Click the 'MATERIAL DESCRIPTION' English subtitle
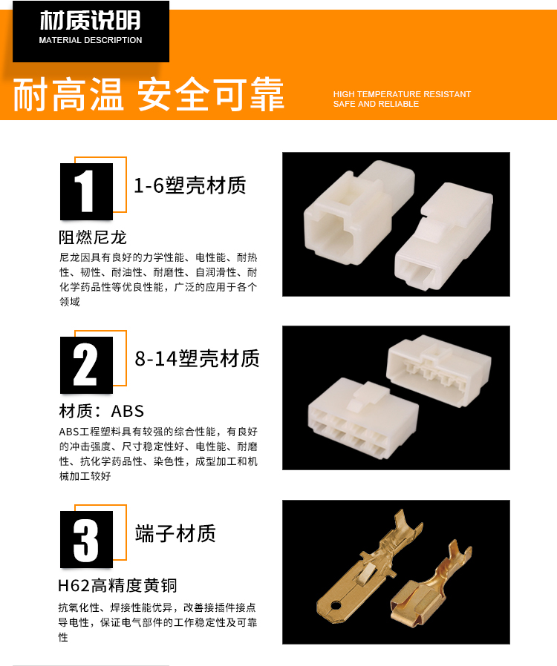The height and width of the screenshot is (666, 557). [90, 40]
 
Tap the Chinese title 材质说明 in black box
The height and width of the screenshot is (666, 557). [90, 20]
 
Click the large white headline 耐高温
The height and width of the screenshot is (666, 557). [68, 94]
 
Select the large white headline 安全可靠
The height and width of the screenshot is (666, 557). [210, 94]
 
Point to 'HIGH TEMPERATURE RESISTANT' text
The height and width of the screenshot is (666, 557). [402, 94]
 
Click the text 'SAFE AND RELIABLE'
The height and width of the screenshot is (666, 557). [376, 104]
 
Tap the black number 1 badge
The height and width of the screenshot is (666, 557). [86, 191]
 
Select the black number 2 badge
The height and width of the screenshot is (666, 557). [86, 366]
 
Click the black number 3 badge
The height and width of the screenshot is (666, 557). [86, 539]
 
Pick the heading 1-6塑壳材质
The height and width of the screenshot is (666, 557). [189, 185]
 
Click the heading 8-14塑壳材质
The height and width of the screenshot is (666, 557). [197, 359]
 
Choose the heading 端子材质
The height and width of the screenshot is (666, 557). [175, 533]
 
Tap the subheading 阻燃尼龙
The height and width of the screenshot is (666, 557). [93, 237]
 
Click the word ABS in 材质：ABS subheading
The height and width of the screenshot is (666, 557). [128, 411]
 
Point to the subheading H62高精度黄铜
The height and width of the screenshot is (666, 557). [117, 586]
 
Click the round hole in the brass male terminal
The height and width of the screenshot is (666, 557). [336, 605]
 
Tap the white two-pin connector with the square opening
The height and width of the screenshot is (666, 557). [359, 212]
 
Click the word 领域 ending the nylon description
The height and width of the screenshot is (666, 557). [70, 302]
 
